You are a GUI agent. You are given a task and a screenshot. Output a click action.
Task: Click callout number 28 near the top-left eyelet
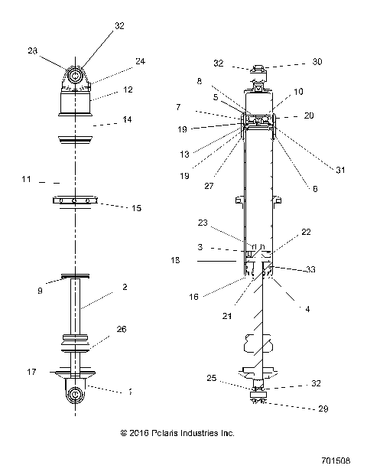click(x=32, y=50)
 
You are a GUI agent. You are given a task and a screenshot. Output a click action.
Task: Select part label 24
click(x=140, y=62)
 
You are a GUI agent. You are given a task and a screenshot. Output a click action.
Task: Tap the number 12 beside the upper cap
click(x=128, y=90)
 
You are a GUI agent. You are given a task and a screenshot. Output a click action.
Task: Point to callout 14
click(x=127, y=120)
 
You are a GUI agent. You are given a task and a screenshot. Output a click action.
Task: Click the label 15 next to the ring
click(x=137, y=207)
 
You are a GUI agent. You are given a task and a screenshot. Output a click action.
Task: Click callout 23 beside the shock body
click(x=203, y=224)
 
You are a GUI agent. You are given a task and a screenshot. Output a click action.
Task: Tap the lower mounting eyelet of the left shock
click(x=76, y=394)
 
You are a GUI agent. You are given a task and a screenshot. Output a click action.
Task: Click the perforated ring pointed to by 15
click(x=76, y=201)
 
